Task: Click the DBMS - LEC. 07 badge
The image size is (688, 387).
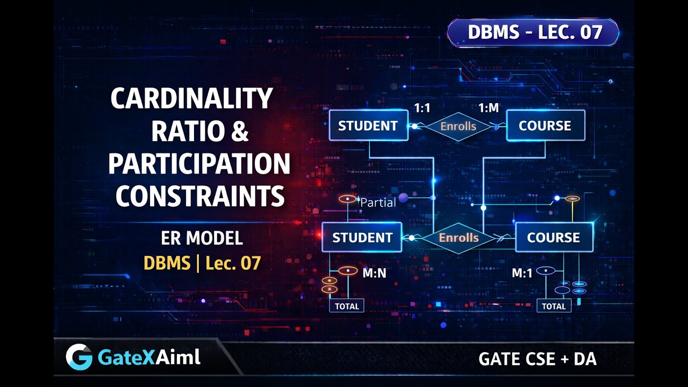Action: coord(534,33)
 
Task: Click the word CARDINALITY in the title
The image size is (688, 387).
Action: coord(191,98)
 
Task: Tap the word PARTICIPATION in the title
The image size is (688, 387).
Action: coord(199,164)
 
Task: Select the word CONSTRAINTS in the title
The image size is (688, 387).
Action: coord(200,196)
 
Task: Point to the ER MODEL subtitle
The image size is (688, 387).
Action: coord(202,238)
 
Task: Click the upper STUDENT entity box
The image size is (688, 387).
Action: coord(368,126)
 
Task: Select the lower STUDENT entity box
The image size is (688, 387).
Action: coord(362,238)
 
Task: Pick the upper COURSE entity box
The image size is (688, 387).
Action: coord(545,126)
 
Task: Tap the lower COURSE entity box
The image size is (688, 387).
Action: coord(554,238)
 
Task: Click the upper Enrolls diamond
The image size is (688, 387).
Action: coord(458,126)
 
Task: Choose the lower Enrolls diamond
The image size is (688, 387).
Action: coord(458,238)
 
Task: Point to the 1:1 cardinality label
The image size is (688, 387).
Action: coord(422,108)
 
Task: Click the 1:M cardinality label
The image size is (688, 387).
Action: coord(488,108)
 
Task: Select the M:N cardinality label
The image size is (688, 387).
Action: coord(374,273)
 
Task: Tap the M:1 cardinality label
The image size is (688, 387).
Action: coord(522,273)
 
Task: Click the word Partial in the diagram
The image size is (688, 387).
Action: coord(378,203)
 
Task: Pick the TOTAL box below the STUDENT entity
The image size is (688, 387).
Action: coord(347,306)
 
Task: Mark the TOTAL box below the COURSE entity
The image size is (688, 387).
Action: coord(554,306)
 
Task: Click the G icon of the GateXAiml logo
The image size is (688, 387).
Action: coord(79,357)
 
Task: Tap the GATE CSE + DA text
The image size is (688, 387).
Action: coord(537,359)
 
